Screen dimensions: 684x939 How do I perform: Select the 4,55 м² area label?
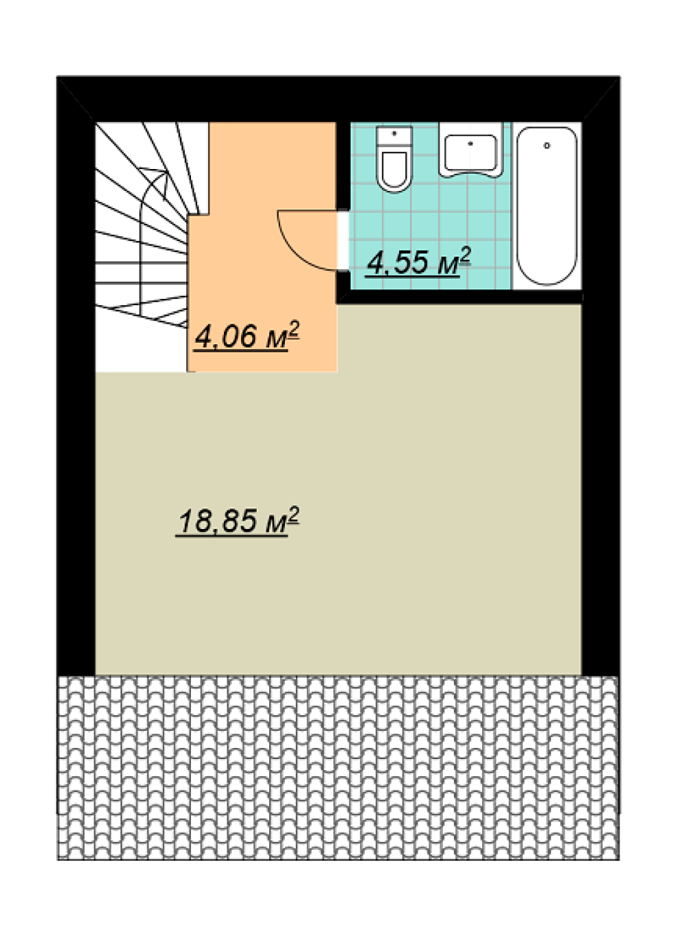click(418, 262)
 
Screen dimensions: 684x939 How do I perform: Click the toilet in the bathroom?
click(394, 159)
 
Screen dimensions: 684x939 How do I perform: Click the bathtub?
click(546, 206)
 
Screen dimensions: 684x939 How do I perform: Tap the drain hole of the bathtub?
click(546, 146)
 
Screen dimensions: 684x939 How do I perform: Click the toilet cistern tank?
click(394, 136)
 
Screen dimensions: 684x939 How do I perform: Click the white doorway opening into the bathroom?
click(343, 242)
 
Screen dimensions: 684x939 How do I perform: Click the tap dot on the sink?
click(470, 143)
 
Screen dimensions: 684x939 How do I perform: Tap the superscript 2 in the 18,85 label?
click(294, 515)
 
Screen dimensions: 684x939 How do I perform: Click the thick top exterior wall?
click(338, 99)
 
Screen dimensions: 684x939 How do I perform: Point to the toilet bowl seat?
click(394, 170)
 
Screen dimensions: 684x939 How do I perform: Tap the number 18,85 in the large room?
click(217, 522)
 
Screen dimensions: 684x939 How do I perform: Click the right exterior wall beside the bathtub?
click(600, 377)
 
